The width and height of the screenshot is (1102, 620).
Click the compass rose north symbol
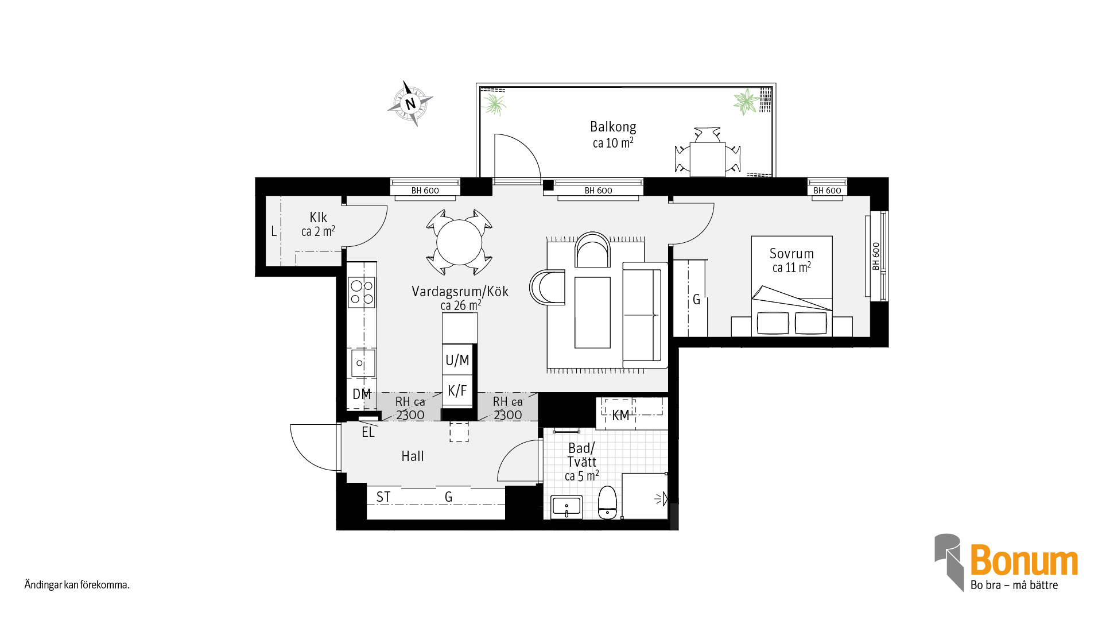(x=410, y=104)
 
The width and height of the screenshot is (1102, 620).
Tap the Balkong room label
(x=613, y=127)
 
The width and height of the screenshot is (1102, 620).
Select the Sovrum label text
(x=791, y=254)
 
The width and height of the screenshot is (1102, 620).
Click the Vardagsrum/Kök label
(x=460, y=292)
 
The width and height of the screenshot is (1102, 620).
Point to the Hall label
(x=413, y=456)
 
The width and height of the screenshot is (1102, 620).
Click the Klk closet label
(x=318, y=218)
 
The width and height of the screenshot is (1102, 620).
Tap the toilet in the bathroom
(x=607, y=502)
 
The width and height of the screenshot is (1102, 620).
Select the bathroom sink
(x=566, y=507)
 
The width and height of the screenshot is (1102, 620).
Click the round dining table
(x=459, y=242)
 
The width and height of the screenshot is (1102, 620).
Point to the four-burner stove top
(x=362, y=292)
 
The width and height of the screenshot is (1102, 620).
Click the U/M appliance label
(x=457, y=361)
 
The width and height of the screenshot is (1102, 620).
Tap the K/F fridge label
(x=457, y=391)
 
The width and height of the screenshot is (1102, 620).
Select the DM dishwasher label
(x=362, y=394)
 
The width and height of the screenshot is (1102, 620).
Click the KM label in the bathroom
(x=620, y=416)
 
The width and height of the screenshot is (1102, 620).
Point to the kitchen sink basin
(x=363, y=363)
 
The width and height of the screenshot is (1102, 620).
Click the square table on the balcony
(x=707, y=160)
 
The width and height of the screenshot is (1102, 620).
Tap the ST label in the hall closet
(x=383, y=497)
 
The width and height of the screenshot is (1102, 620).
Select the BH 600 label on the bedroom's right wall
(x=876, y=256)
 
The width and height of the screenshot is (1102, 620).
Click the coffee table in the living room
(x=593, y=312)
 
